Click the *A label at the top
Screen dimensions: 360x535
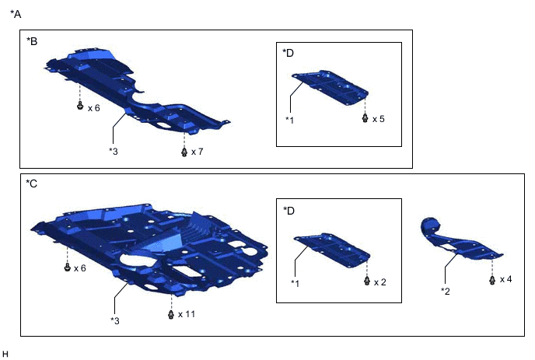(x=16, y=13)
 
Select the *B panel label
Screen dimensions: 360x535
(x=32, y=40)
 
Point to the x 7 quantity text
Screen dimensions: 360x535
(x=198, y=151)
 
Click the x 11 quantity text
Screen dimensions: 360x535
(x=187, y=314)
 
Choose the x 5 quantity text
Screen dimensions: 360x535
(x=379, y=119)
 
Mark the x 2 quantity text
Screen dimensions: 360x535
(x=379, y=281)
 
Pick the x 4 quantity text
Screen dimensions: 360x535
(x=505, y=278)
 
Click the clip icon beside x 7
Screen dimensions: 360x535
(x=184, y=151)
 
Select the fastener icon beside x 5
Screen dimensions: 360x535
(x=365, y=118)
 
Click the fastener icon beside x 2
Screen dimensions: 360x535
(x=365, y=281)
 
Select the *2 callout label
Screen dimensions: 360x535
(x=446, y=291)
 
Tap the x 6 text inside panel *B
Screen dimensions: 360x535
(x=94, y=108)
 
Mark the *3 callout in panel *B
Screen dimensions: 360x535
(x=114, y=150)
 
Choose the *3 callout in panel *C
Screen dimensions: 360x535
(x=115, y=320)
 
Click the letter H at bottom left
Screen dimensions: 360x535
(x=6, y=355)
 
